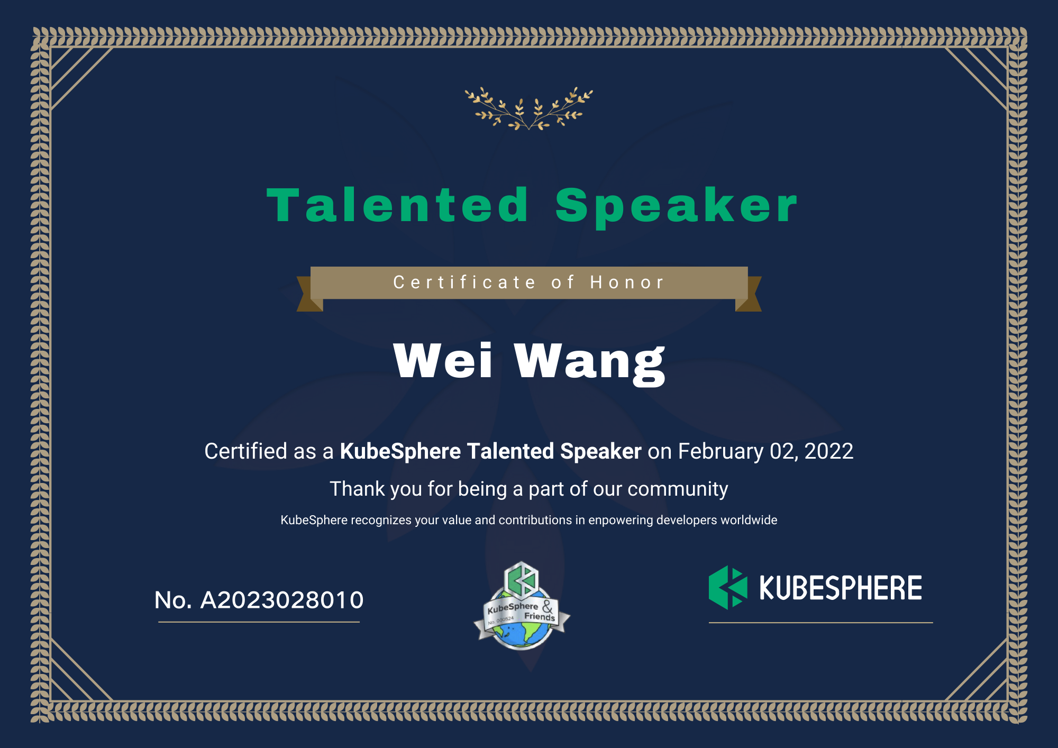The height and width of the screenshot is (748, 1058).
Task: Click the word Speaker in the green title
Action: (676, 207)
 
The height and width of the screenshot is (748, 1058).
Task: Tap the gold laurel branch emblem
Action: (529, 108)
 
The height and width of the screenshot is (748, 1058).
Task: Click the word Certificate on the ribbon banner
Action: (464, 282)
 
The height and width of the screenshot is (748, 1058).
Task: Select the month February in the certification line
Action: (721, 452)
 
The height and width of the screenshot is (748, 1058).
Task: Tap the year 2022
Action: (829, 451)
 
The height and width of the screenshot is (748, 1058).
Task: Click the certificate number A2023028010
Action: (282, 600)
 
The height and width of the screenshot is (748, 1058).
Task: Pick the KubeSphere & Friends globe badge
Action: (522, 606)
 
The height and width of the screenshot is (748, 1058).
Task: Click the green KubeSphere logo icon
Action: (728, 587)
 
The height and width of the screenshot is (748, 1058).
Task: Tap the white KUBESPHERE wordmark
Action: (841, 588)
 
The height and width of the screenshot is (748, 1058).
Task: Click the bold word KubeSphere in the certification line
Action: (400, 451)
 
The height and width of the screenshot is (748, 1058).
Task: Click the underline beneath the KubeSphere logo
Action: (820, 623)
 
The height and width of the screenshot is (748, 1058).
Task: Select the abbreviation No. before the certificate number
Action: (173, 600)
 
